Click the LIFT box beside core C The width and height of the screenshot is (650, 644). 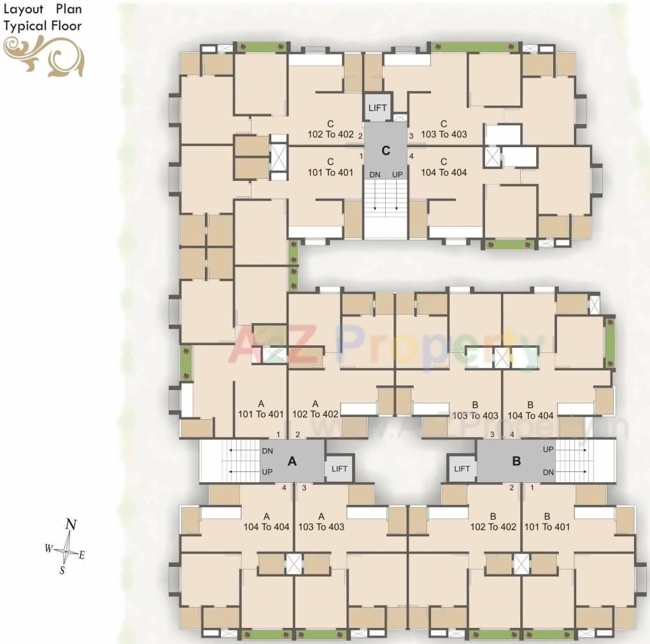[x=378, y=108]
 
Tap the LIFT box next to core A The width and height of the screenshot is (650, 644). [x=339, y=469]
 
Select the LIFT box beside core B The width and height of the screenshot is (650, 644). [x=462, y=469]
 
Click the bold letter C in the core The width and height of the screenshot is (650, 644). [x=386, y=151]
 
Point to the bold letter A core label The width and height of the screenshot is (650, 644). [x=293, y=462]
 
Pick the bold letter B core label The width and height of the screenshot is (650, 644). [x=517, y=462]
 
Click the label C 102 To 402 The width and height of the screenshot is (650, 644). [x=330, y=129]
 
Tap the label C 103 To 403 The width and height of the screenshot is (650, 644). [x=444, y=129]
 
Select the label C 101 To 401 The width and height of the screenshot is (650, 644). [x=330, y=167]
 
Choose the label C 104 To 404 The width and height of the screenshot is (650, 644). [x=444, y=167]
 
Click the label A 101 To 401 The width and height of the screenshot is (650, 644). [x=260, y=409]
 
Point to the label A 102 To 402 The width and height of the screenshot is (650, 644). [x=315, y=409]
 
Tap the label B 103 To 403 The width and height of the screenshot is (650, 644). [x=475, y=410]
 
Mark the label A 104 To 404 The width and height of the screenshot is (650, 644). [x=267, y=522]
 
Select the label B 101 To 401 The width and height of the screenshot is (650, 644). [x=547, y=522]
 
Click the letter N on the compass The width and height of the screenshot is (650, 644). [x=72, y=526]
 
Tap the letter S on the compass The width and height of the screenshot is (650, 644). [x=62, y=571]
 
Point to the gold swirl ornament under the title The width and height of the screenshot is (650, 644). [x=43, y=55]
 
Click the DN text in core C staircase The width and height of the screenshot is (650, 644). [x=374, y=175]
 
